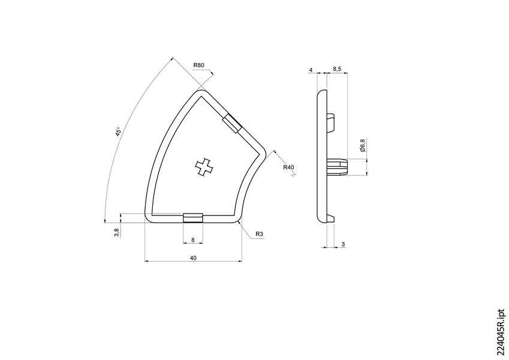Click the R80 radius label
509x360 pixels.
pos(199,65)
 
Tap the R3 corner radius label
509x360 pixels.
pos(260,233)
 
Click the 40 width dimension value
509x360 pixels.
pos(193,257)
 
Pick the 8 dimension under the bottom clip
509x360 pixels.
pos(192,239)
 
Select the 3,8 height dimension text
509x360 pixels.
pos(117,230)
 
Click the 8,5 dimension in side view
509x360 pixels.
pos(337,70)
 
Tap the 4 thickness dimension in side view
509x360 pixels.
pos(311,70)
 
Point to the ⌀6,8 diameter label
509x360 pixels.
pos(362,145)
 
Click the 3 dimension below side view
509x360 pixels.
pos(342,244)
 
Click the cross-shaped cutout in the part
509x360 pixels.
pos(204,167)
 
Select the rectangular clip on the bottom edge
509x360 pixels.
pos(192,217)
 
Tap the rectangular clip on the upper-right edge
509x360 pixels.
pos(232,123)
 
